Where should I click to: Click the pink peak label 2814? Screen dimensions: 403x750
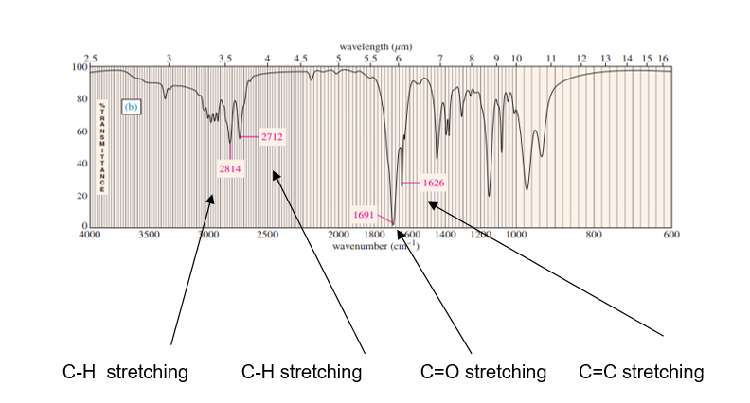(230, 169)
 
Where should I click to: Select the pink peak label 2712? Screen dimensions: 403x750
(272, 137)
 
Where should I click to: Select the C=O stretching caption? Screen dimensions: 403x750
(483, 373)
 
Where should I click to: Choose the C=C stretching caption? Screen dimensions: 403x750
(641, 373)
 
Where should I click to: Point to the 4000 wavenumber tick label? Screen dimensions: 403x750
(89, 233)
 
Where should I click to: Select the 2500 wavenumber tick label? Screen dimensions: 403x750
(266, 233)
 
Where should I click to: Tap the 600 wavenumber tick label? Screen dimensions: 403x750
(670, 233)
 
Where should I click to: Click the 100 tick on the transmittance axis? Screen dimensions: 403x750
(80, 67)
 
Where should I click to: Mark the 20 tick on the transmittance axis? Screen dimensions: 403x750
(81, 195)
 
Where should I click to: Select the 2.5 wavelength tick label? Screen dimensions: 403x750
(90, 59)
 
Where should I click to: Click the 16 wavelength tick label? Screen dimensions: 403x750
(663, 59)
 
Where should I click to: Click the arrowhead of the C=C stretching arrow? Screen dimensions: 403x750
(431, 202)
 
